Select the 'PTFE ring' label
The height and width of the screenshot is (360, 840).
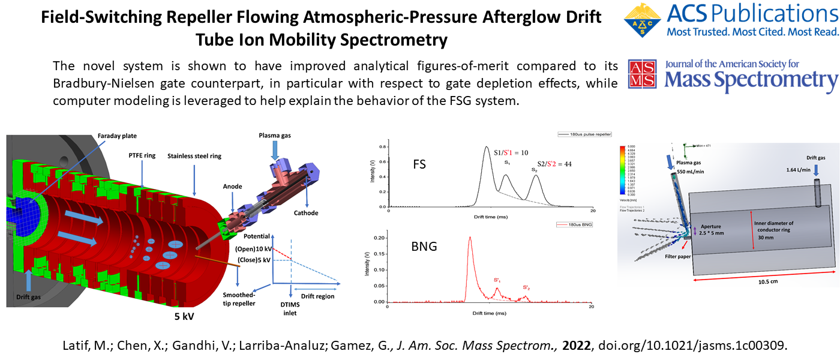[x=142, y=155]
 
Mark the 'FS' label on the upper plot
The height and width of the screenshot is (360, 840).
[x=419, y=163]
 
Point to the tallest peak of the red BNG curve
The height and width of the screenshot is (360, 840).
[x=470, y=237]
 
